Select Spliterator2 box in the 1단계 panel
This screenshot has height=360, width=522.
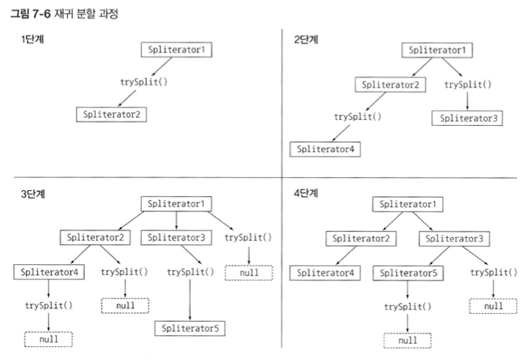pyautogui.click(x=112, y=114)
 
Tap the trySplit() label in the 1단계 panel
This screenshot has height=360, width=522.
pyautogui.click(x=144, y=80)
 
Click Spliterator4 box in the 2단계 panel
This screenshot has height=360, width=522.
pyautogui.click(x=325, y=149)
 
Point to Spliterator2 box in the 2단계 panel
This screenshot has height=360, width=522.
pyautogui.click(x=390, y=85)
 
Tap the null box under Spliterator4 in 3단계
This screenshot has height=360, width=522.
pyautogui.click(x=48, y=339)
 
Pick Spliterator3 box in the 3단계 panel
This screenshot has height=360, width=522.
pyautogui.click(x=175, y=237)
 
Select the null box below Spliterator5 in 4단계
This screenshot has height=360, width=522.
pyautogui.click(x=407, y=340)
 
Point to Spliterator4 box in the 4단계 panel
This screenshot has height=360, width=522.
pyautogui.click(x=326, y=273)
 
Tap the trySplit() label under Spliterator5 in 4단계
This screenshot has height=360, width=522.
pyautogui.click(x=407, y=307)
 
